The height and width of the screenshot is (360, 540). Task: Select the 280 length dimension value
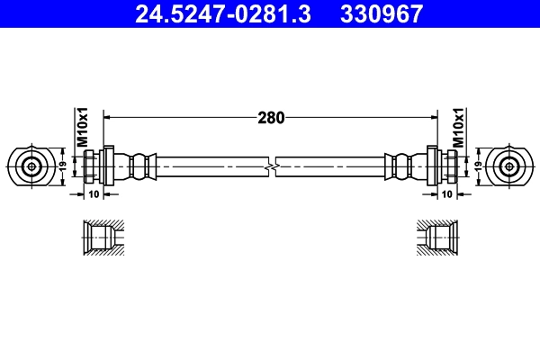click(271, 117)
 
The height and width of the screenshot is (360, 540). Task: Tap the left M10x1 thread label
click(81, 128)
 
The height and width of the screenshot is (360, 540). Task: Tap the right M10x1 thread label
click(458, 128)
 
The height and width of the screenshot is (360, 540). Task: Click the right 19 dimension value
click(477, 166)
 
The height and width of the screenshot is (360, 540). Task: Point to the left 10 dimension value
click(94, 193)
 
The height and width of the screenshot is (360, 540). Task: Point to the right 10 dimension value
click(445, 193)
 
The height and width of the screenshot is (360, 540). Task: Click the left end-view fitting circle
click(32, 166)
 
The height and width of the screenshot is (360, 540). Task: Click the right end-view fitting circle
click(508, 166)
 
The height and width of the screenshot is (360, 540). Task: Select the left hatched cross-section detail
click(101, 238)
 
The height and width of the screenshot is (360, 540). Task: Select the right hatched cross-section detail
click(438, 238)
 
